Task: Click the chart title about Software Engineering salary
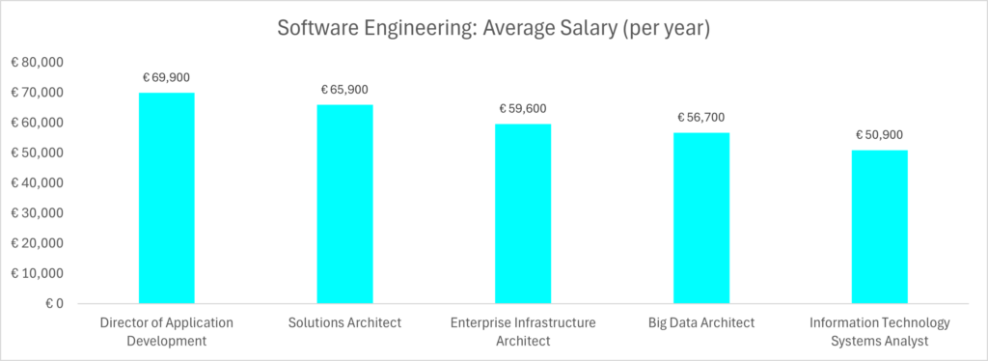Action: click(x=494, y=29)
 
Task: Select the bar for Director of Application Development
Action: click(x=167, y=198)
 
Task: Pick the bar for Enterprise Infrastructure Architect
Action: click(x=523, y=213)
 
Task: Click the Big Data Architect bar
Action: click(x=701, y=218)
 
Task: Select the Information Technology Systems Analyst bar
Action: click(x=879, y=227)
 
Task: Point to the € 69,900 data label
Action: click(x=167, y=77)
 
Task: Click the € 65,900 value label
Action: click(x=344, y=90)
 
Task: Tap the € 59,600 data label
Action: click(x=523, y=109)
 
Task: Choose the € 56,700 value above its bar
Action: click(x=701, y=118)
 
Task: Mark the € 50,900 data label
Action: click(x=879, y=135)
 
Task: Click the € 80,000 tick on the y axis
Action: click(x=37, y=63)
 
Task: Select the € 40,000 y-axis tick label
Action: click(x=37, y=182)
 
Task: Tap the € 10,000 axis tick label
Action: click(x=37, y=273)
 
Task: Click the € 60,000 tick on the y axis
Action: click(x=37, y=123)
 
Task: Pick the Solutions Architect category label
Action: click(x=344, y=322)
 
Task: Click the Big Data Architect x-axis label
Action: click(x=701, y=322)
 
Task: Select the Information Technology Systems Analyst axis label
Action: click(x=879, y=331)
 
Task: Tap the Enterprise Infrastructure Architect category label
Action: click(x=523, y=331)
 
